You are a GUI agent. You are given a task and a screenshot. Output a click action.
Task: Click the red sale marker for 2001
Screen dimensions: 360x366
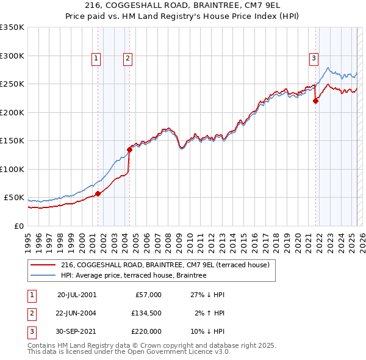[98, 193]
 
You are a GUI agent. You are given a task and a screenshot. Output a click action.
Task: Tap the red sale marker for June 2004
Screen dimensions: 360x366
[129, 149]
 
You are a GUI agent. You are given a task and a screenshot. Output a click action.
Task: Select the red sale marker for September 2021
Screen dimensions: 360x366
[316, 101]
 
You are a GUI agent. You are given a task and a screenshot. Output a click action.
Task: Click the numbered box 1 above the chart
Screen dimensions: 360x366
[96, 59]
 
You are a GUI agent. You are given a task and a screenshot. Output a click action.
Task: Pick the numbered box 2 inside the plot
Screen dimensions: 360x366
[127, 59]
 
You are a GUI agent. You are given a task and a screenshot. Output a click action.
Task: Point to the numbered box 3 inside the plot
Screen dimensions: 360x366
[314, 59]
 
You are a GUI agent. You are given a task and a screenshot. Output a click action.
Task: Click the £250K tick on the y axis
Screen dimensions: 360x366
[12, 84]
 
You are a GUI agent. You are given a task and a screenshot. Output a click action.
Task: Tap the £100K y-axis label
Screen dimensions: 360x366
[12, 169]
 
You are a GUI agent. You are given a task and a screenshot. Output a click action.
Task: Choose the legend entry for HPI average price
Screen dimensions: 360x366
[134, 275]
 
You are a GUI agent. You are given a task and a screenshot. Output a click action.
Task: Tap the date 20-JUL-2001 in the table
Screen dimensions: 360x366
[77, 295]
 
